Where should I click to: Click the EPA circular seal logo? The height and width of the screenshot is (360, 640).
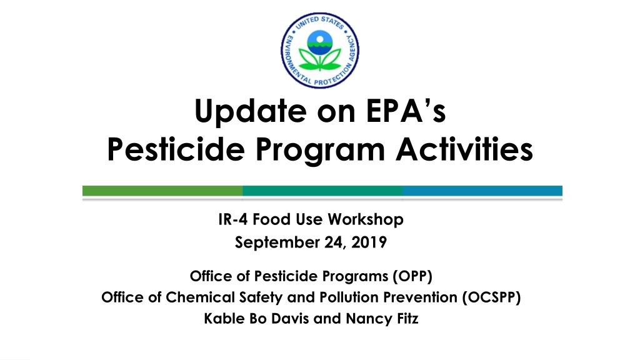[320, 50]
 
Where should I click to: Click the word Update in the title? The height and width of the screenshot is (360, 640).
[251, 111]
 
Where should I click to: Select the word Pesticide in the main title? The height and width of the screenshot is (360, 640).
[176, 149]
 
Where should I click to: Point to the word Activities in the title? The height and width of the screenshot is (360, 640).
[464, 149]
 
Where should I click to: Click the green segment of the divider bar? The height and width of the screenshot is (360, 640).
[162, 191]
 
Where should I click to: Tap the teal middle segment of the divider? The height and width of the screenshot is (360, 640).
[322, 191]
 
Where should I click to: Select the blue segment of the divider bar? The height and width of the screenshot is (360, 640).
[482, 191]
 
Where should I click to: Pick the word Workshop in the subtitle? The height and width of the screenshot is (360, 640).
[366, 220]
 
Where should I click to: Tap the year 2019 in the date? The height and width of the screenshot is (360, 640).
[369, 242]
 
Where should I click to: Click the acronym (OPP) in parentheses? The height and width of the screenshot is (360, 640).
[412, 276]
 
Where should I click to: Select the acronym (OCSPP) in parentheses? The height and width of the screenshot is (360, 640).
[491, 297]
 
